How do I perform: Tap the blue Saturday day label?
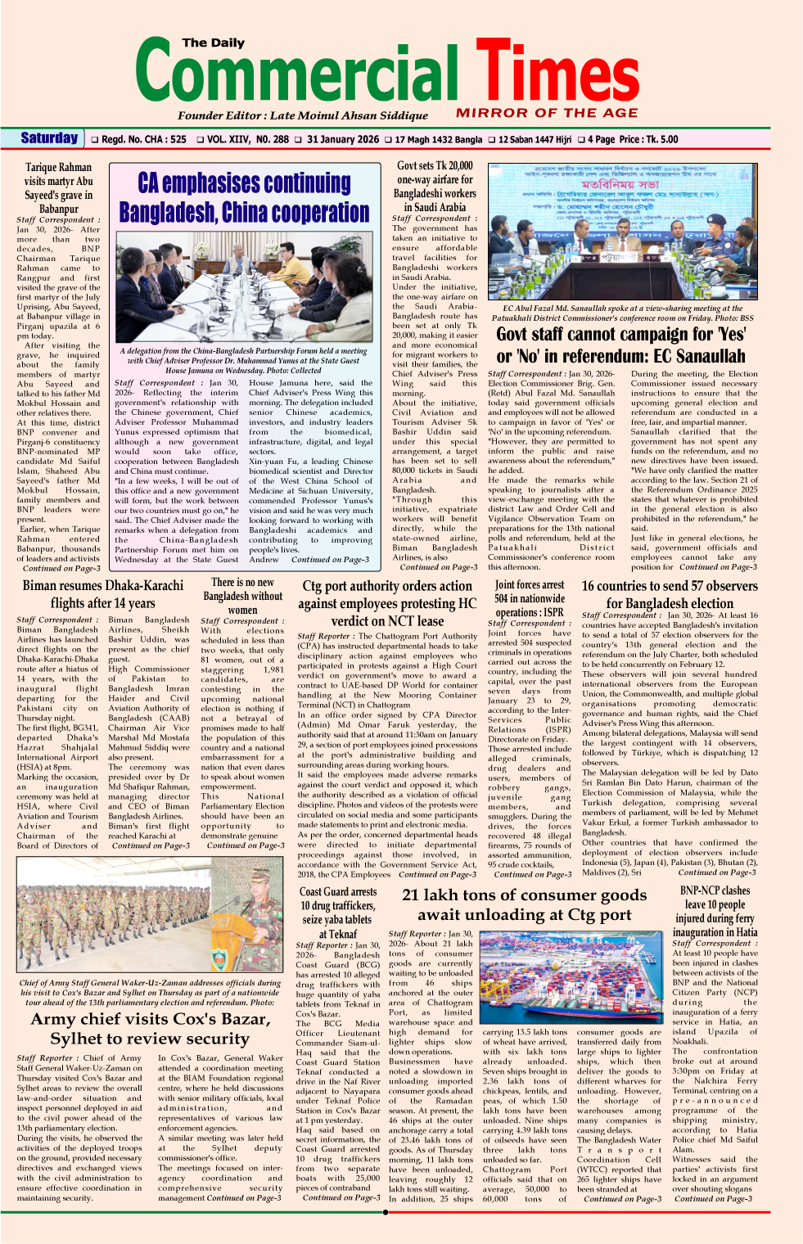[x=49, y=138]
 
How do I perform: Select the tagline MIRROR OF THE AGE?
[x=547, y=113]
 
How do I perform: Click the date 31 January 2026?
[x=343, y=140]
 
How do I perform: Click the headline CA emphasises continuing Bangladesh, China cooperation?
[x=244, y=197]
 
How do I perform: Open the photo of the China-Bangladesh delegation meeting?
[x=244, y=286]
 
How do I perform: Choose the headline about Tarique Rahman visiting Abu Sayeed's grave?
[x=58, y=187]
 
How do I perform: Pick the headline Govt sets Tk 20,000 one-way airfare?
[x=435, y=187]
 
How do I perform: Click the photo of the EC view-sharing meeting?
[x=621, y=232]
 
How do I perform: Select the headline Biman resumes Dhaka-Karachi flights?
[x=102, y=594]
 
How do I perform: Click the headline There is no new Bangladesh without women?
[x=242, y=596]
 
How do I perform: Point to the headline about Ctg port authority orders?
[x=387, y=603]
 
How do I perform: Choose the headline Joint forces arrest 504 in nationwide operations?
[x=529, y=598]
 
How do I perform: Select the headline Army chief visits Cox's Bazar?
[x=149, y=1029]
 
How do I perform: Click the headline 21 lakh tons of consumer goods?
[x=524, y=905]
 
